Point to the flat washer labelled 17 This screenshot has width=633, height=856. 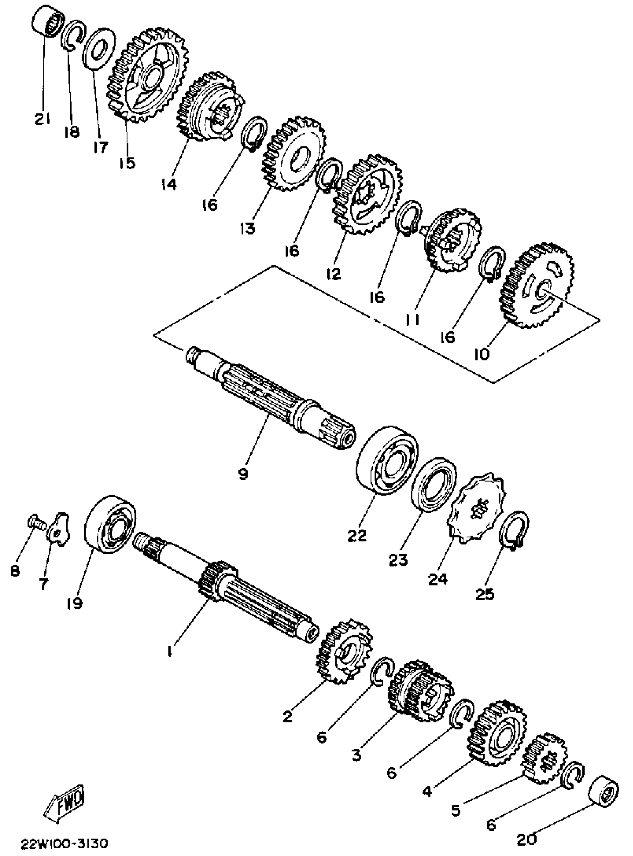(x=99, y=48)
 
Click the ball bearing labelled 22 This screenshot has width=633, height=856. (x=387, y=460)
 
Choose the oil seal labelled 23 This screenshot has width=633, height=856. (x=433, y=484)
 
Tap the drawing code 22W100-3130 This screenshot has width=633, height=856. (x=64, y=843)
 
